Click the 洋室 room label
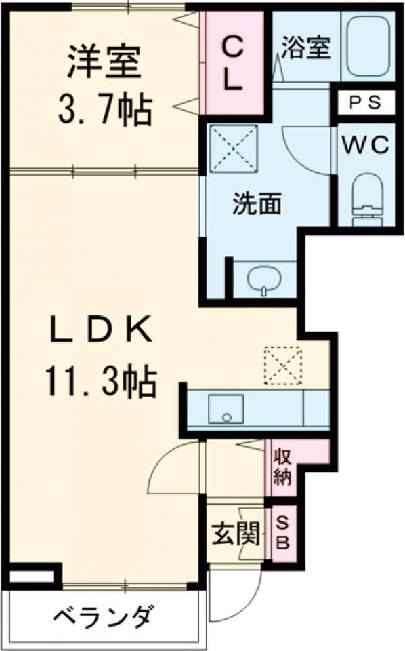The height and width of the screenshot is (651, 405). coord(104,62)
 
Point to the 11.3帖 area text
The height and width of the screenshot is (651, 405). coord(102,383)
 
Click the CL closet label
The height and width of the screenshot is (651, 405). coord(232,63)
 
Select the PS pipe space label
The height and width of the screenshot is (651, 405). coord(366,103)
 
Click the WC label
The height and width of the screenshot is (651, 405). coord(366,144)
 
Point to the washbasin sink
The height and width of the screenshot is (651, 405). coord(263,279)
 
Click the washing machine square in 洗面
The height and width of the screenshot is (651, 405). coord(233,147)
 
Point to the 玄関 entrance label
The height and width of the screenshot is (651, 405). coord(236,536)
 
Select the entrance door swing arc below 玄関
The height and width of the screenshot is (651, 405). coord(237,597)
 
